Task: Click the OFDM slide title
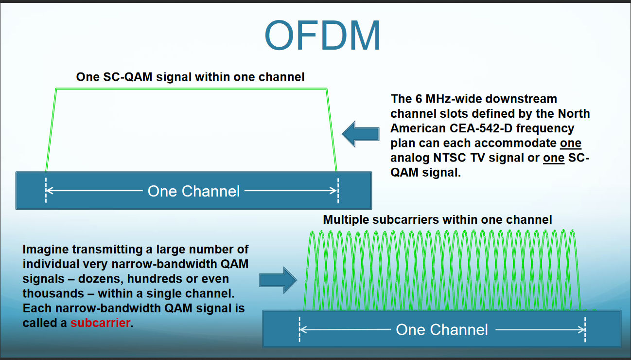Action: (x=322, y=36)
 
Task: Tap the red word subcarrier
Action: (x=100, y=323)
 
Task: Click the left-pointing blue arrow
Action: (x=361, y=134)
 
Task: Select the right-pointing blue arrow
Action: (x=278, y=280)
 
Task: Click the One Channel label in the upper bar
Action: (x=194, y=191)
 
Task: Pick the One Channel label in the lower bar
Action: (x=442, y=329)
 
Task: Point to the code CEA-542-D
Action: (x=481, y=128)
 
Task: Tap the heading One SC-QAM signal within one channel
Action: (x=191, y=77)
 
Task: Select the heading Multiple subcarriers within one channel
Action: (x=438, y=219)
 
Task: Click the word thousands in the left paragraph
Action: (x=53, y=293)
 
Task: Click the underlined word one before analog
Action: (x=571, y=143)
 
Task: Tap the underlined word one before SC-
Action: (x=554, y=158)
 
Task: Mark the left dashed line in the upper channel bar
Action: (x=46, y=190)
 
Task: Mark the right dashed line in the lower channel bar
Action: (x=585, y=329)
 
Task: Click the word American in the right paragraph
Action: (x=418, y=128)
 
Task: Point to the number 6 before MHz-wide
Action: (x=419, y=99)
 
